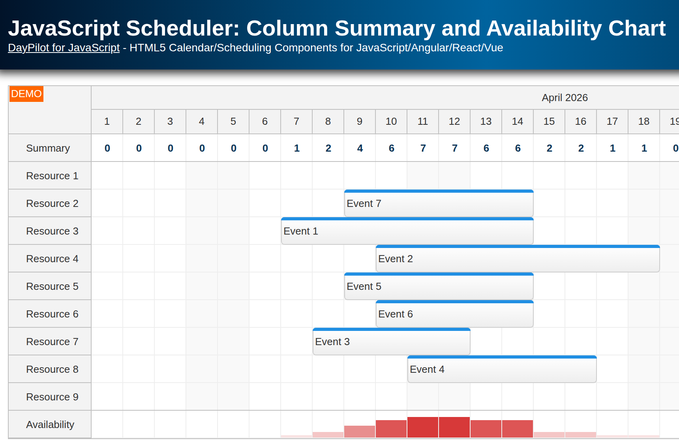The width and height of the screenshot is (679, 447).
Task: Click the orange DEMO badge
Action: point(26,94)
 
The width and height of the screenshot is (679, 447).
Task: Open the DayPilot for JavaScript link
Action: point(64,48)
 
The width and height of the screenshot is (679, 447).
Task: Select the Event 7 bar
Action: point(439,204)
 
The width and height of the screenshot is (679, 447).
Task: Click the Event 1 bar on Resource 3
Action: point(407,231)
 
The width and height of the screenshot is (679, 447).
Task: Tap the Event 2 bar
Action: point(518,259)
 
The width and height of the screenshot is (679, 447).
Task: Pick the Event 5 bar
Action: point(439,287)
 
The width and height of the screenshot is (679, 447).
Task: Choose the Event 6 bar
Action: point(454,314)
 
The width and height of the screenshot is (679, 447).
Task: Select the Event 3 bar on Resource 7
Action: point(391,342)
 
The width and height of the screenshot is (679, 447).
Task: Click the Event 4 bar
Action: point(502,370)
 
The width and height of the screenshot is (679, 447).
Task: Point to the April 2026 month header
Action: point(565,98)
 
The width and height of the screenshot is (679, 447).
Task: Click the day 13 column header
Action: point(486,122)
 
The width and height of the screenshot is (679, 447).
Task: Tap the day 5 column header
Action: point(233,122)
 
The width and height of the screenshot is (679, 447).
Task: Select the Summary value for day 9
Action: point(360,148)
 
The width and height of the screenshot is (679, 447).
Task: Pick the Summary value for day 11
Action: point(423,148)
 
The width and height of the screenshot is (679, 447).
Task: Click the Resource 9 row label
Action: point(52,397)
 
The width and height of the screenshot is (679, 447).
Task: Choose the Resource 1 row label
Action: point(52,176)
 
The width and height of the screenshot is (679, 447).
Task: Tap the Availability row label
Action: point(50,424)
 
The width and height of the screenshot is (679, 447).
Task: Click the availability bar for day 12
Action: point(454,427)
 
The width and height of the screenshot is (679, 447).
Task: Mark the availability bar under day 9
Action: point(360,432)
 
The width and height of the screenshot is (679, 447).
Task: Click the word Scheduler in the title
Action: point(182,28)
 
